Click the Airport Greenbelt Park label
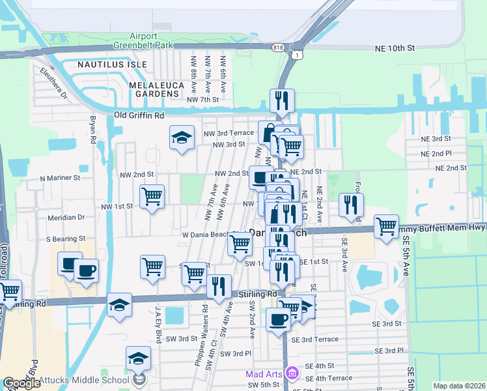click(x=151, y=41)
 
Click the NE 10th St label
click(x=395, y=48)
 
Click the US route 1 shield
click(x=298, y=56)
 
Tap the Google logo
click(x=22, y=383)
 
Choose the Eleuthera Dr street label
click(x=54, y=82)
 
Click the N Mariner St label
click(x=60, y=177)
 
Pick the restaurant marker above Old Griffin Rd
click(x=282, y=101)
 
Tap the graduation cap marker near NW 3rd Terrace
click(x=182, y=138)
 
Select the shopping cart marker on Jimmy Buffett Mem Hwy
click(x=386, y=227)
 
